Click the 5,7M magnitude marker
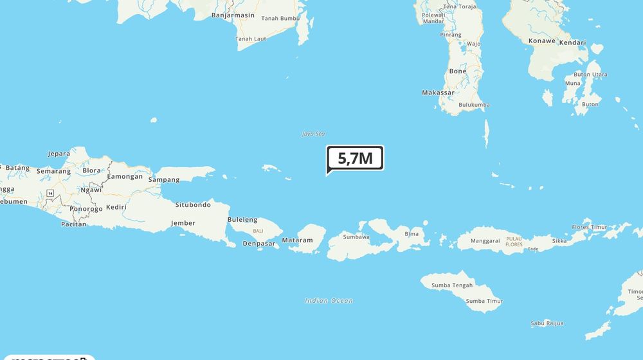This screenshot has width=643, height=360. click(355, 157)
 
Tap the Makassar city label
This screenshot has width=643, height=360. click(438, 93)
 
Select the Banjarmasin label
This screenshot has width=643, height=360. click(233, 15)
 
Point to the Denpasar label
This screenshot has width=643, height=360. click(259, 243)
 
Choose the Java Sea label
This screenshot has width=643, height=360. click(313, 134)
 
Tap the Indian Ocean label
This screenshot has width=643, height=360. click(329, 301)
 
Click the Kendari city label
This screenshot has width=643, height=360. click(572, 42)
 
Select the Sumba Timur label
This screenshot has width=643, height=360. click(484, 301)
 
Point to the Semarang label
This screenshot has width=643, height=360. click(53, 172)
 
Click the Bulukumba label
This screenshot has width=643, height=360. click(474, 105)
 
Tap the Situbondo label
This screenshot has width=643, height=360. click(193, 205)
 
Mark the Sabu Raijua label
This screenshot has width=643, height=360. click(547, 323)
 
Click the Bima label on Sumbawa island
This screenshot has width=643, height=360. click(412, 233)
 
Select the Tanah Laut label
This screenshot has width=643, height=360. click(251, 39)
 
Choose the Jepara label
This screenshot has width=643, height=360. click(59, 154)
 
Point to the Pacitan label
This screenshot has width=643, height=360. click(73, 224)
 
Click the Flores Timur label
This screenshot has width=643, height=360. click(590, 227)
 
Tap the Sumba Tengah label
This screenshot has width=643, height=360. click(452, 285)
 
